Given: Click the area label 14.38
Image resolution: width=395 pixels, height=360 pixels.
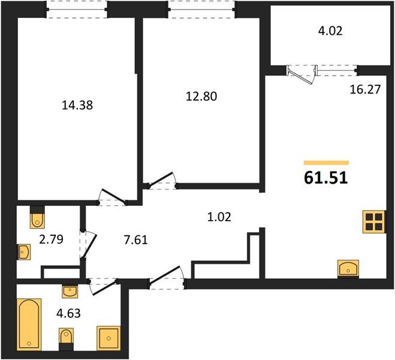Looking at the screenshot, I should click(77, 105).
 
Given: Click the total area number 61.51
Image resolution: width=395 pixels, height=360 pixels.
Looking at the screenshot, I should click(326, 178).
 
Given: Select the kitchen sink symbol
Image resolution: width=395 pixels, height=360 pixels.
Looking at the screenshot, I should click(348, 268).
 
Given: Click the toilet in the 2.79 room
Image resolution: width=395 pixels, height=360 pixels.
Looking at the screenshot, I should click(37, 218).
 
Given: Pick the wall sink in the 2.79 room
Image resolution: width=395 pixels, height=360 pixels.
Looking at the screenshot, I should click(23, 252).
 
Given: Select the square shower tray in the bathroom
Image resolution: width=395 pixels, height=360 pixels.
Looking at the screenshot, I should click(108, 338).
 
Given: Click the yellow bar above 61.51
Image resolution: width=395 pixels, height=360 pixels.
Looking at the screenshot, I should click(326, 163).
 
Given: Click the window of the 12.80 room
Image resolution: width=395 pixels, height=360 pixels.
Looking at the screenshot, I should click(201, 8).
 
